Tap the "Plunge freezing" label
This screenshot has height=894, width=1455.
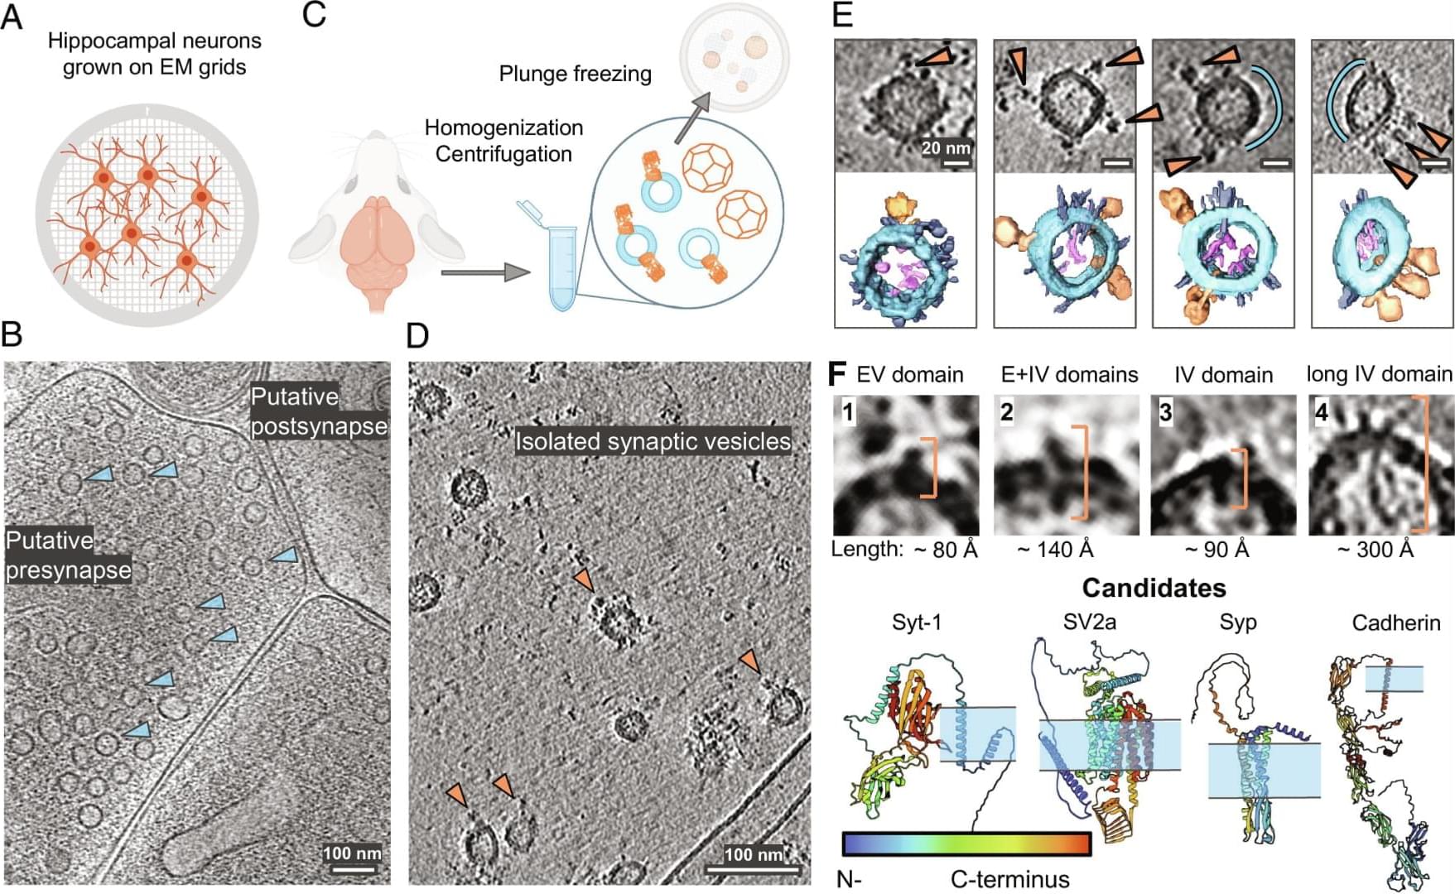click(575, 74)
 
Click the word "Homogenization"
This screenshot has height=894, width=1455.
click(503, 127)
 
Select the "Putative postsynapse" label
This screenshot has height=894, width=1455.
click(319, 411)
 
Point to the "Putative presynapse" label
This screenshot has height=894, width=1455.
click(68, 555)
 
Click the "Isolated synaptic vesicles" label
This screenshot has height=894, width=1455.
click(653, 441)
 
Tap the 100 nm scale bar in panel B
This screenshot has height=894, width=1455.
click(352, 869)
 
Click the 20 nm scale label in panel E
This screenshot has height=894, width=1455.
click(946, 148)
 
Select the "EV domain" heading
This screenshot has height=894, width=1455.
click(909, 375)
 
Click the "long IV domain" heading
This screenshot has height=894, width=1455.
click(1379, 374)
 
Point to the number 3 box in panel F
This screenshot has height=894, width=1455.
click(1166, 411)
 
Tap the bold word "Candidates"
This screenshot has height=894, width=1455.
click(1154, 588)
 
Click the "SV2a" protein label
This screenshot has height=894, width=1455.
click(1089, 622)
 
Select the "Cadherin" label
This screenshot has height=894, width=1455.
click(1396, 623)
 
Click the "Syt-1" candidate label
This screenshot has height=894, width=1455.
click(917, 622)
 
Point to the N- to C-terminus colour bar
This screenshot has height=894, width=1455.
click(966, 844)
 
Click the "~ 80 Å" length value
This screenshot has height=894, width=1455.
click(946, 550)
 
